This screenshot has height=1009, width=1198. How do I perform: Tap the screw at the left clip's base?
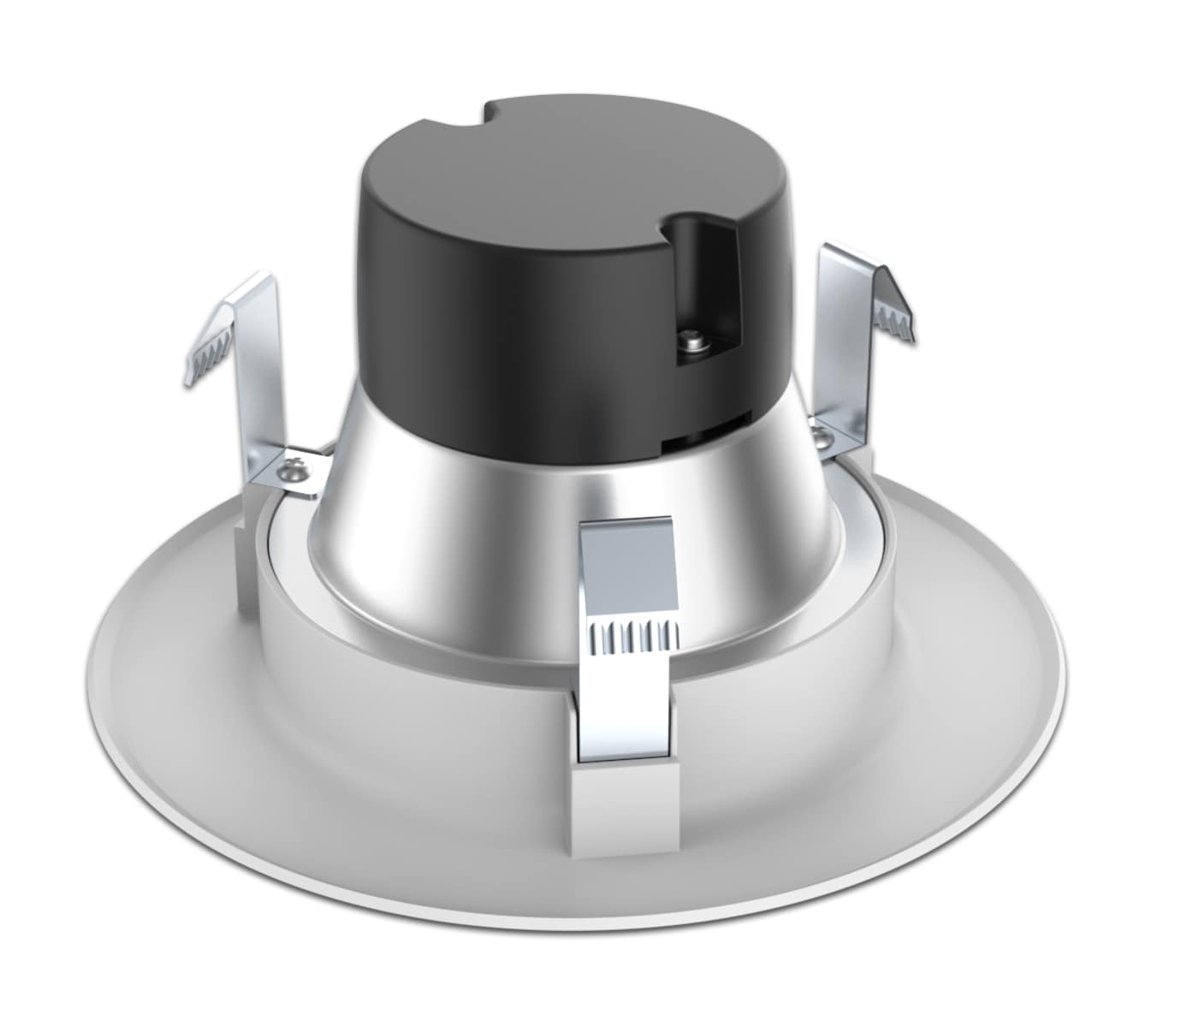coord(297,470)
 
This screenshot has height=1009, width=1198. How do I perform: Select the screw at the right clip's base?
coord(822,437)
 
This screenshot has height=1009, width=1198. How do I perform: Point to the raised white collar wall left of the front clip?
coord(428,685)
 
